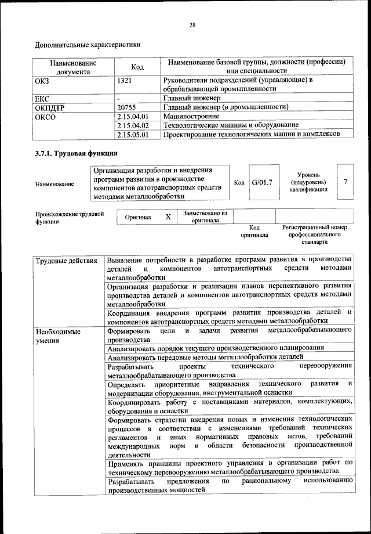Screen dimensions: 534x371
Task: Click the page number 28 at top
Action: [192, 25]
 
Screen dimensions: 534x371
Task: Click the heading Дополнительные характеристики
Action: [88, 45]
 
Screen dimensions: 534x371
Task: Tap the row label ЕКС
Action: [42, 98]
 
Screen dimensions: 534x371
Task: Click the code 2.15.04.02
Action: [133, 125]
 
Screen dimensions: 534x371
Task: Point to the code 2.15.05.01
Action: [133, 134]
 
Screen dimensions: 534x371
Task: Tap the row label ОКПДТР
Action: [50, 107]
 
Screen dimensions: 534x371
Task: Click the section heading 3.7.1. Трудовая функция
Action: [77, 154]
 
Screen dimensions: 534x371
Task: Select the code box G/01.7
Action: [262, 182]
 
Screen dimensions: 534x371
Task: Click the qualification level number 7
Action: [345, 182]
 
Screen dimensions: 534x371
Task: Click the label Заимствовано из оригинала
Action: [204, 217]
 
